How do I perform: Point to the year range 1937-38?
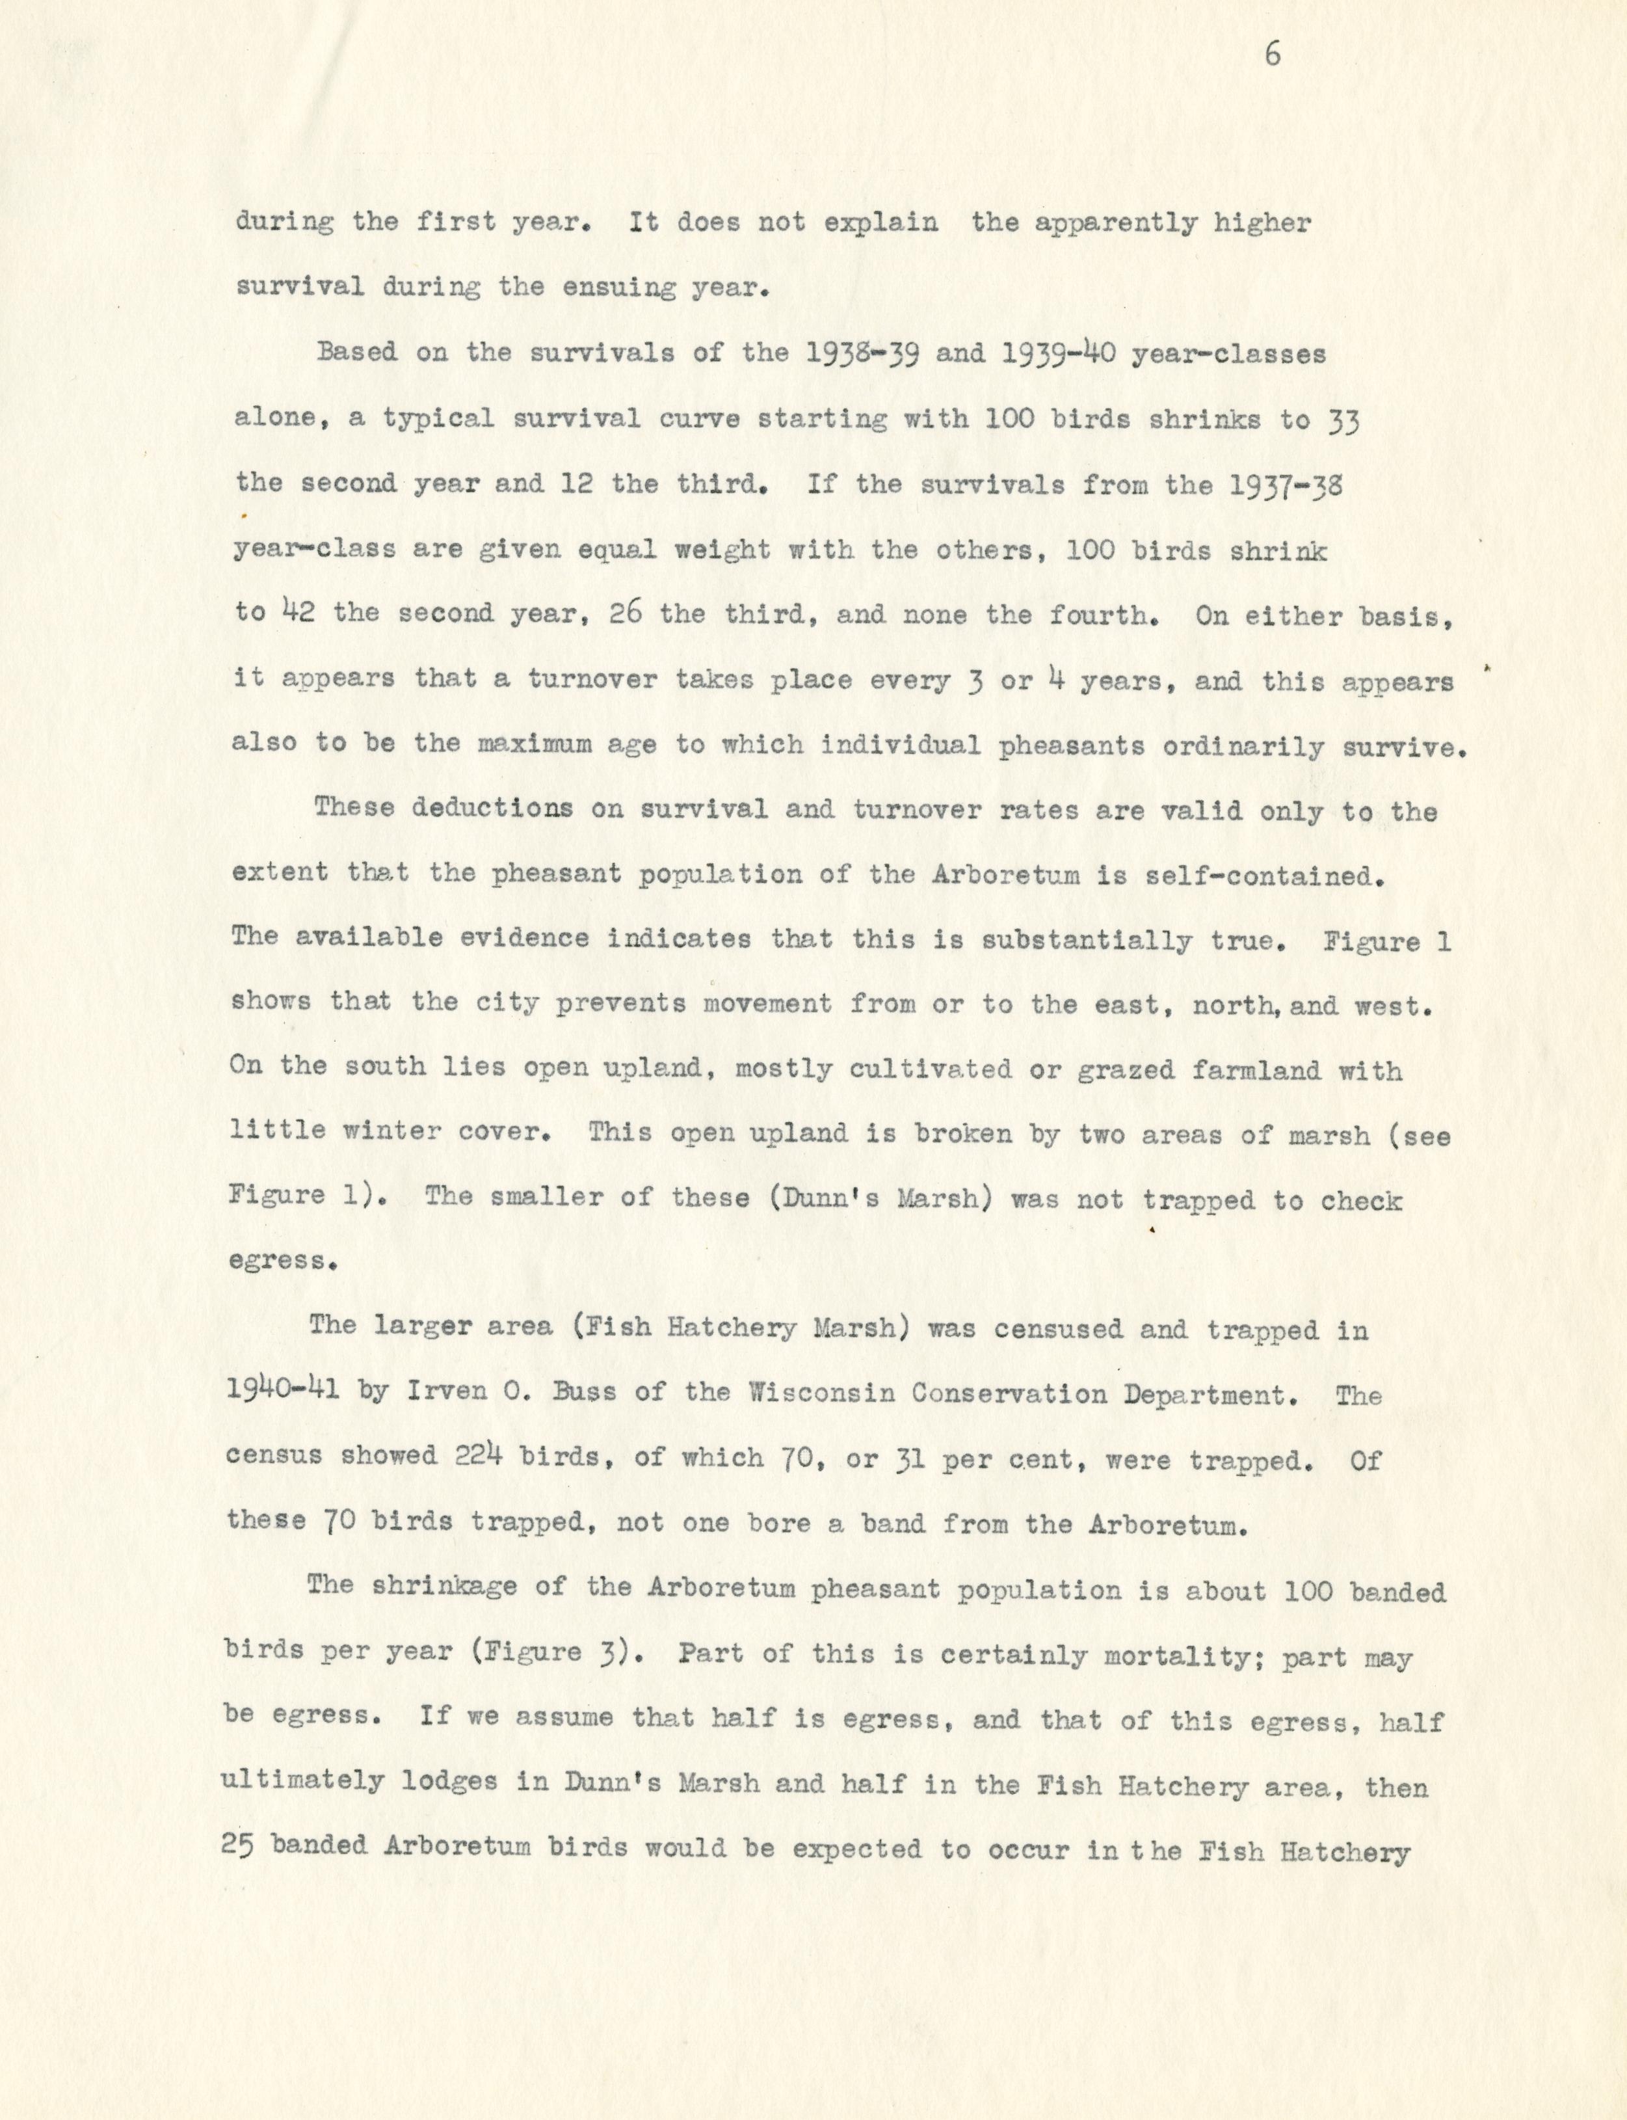(x=1279, y=485)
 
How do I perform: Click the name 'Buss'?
(x=588, y=1395)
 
